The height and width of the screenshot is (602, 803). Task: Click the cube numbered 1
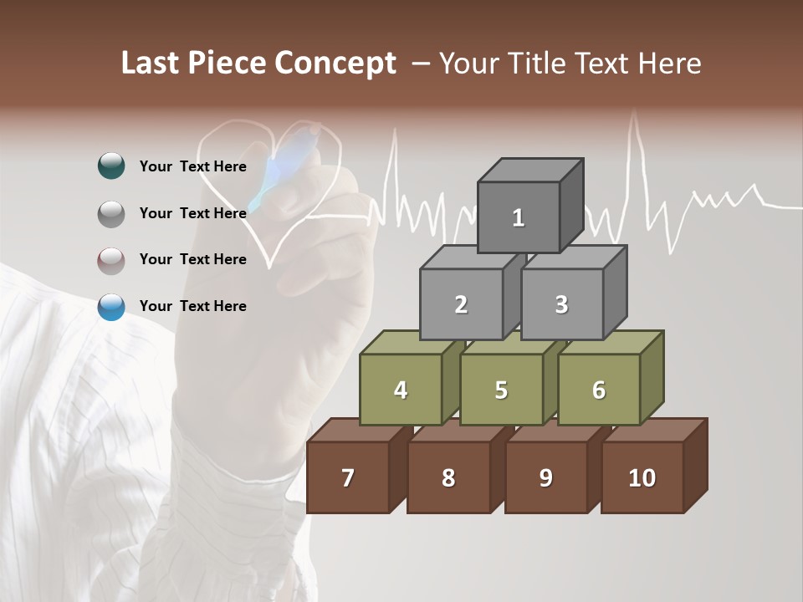click(x=519, y=217)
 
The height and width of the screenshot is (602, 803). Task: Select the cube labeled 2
click(x=461, y=304)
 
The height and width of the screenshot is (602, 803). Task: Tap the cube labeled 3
click(x=561, y=304)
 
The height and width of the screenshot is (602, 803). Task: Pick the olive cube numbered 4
click(x=401, y=390)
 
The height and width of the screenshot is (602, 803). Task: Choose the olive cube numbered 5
click(x=501, y=390)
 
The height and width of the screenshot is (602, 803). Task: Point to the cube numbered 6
click(x=599, y=390)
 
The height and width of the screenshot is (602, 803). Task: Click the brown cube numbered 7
click(x=348, y=477)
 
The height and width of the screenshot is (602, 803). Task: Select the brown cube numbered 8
click(x=448, y=477)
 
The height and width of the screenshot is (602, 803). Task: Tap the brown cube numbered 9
click(x=545, y=477)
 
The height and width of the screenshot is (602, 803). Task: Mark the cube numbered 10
click(x=642, y=477)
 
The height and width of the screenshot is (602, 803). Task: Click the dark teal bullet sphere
click(x=111, y=166)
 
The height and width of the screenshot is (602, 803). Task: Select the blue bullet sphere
click(x=111, y=307)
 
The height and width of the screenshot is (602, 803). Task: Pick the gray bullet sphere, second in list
click(x=111, y=214)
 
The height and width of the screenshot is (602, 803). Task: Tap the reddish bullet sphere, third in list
click(x=111, y=261)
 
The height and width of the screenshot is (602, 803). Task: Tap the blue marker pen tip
click(x=256, y=204)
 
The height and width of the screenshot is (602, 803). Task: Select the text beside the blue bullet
click(x=192, y=306)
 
